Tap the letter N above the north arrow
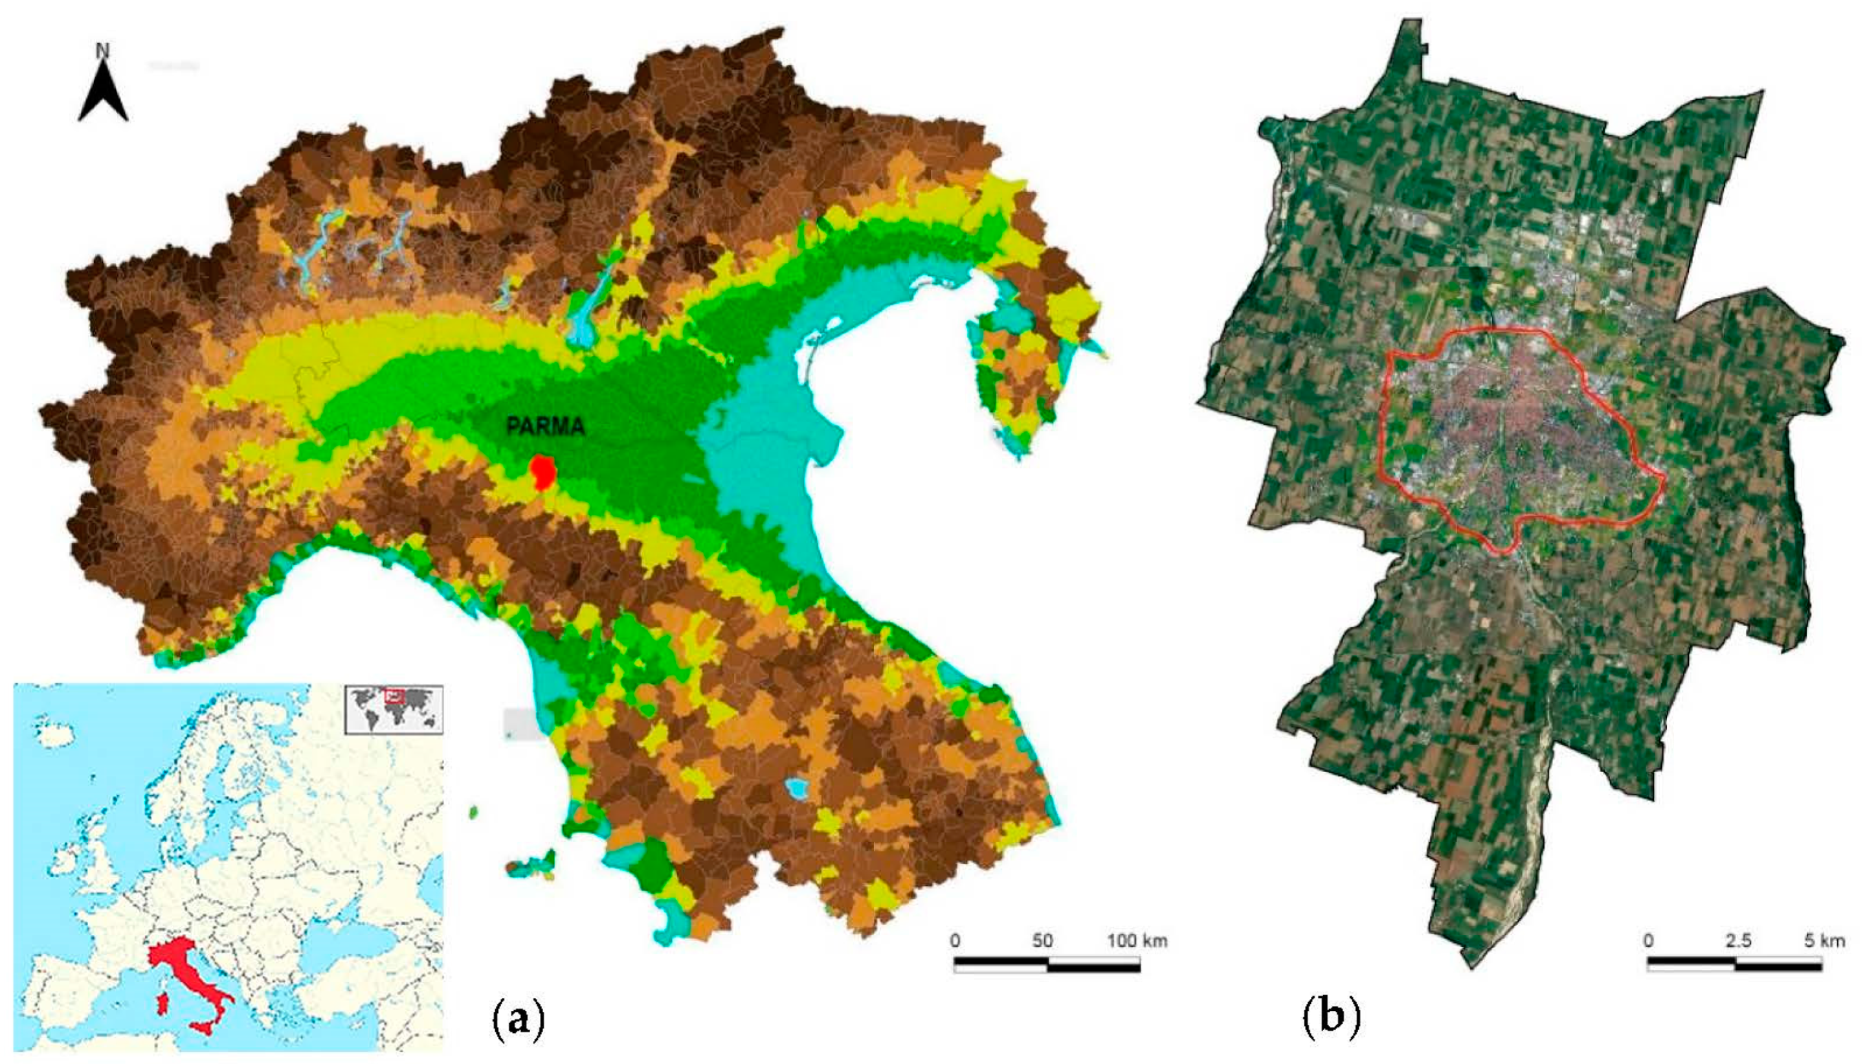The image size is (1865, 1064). tap(103, 51)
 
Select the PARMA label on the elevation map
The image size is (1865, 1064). tap(545, 427)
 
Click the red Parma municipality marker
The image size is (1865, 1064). tap(542, 472)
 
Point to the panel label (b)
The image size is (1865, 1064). tap(1331, 1017)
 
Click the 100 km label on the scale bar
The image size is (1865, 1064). tap(1137, 940)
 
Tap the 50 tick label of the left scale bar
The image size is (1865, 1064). tap(1042, 940)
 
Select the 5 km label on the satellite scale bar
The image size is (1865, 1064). tap(1824, 940)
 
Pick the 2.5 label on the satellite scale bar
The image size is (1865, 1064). tap(1739, 940)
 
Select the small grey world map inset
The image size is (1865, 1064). tap(394, 709)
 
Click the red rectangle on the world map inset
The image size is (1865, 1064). tap(394, 696)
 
